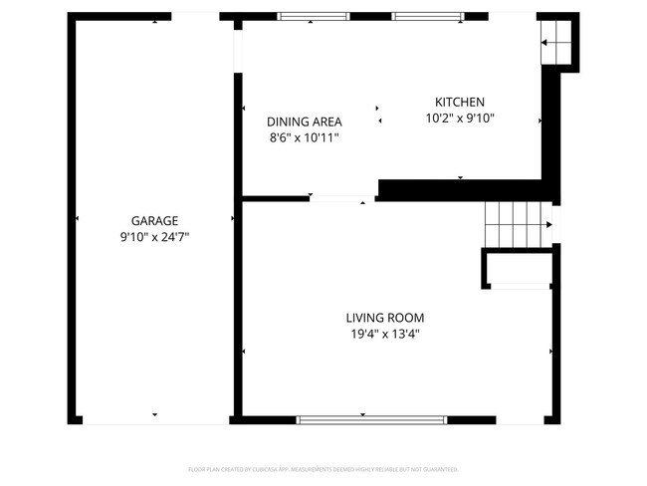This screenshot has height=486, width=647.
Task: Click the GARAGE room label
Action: click(x=154, y=220)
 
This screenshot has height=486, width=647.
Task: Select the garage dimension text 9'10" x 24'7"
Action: click(x=154, y=237)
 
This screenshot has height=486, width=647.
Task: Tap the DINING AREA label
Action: click(x=304, y=121)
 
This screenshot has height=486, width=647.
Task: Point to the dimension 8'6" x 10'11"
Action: click(x=304, y=138)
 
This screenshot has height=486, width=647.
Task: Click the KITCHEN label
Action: click(x=459, y=102)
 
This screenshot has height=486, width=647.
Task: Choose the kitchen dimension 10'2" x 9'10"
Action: click(x=459, y=119)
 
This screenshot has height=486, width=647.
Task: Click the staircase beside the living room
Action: click(x=516, y=223)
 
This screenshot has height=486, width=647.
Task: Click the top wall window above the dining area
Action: click(x=313, y=16)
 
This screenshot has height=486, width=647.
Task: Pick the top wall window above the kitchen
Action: click(x=427, y=16)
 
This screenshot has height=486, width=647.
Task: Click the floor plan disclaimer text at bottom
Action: click(x=323, y=468)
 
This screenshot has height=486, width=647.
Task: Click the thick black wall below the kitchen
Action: click(x=463, y=189)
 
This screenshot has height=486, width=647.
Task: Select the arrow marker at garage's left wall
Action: click(x=78, y=218)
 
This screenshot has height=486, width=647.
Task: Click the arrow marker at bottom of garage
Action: click(x=154, y=413)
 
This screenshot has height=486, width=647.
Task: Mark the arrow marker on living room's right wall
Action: click(x=550, y=351)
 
